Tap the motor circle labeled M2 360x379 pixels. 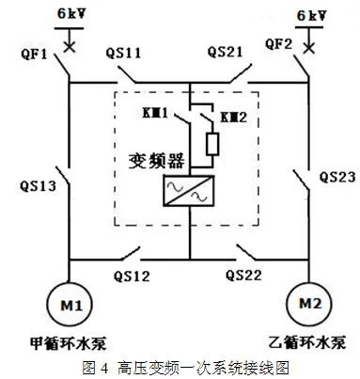pos(307,305)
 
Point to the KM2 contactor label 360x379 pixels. pos(232,117)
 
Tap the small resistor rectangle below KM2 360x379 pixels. pos(212,143)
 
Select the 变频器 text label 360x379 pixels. pos(151,159)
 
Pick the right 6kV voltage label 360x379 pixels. pos(311,16)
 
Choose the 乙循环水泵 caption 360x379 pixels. pos(308,339)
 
